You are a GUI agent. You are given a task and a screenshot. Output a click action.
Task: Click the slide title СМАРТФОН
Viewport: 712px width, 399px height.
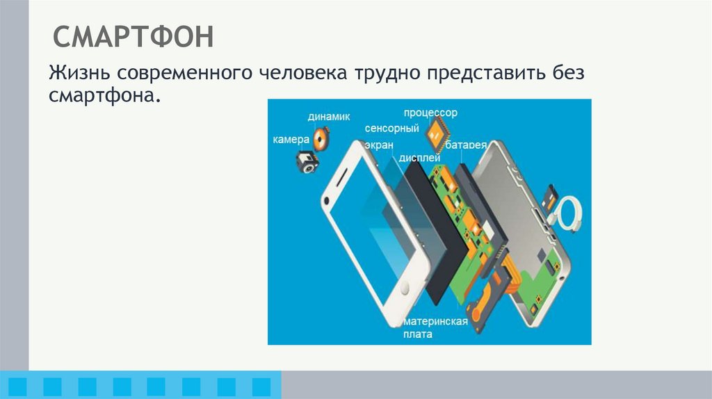133,37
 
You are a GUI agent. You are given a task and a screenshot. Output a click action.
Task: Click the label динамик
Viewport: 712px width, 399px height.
329,116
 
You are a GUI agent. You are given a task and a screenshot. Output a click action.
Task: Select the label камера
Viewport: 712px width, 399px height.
291,140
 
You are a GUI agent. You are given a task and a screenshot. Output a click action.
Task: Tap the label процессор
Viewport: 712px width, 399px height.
430,113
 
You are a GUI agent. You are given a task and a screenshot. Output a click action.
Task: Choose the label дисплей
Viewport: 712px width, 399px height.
420,157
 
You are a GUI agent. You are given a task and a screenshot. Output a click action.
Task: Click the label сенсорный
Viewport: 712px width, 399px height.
391,129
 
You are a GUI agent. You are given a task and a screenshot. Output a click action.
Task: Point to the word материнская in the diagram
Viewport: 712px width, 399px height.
435,322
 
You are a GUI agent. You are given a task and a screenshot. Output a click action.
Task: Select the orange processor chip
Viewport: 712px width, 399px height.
437,131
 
